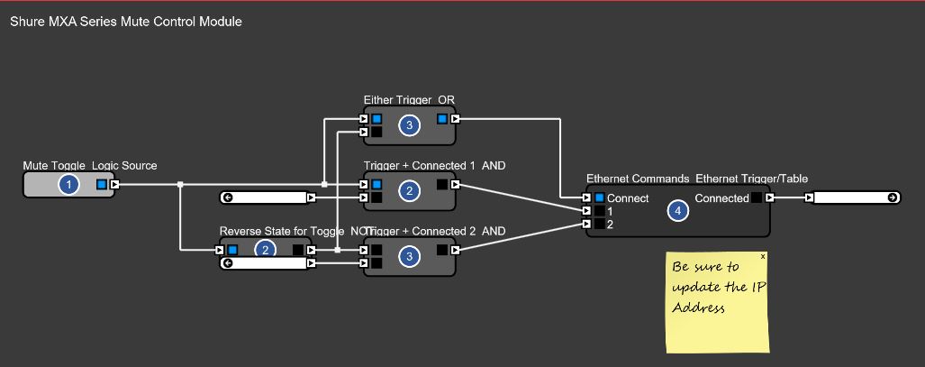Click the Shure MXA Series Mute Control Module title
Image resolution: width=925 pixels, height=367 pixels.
point(125,21)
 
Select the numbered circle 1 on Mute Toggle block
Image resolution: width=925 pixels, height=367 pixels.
point(68,185)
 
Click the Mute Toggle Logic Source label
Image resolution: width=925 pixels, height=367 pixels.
point(90,165)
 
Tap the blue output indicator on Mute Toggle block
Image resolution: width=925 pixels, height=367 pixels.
point(102,185)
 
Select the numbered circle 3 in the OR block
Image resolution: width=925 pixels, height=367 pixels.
point(409,125)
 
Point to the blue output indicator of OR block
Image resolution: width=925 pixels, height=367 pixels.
point(442,118)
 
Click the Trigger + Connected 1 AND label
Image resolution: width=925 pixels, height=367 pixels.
point(434,166)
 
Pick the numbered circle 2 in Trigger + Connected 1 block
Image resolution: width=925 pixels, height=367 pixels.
point(409,191)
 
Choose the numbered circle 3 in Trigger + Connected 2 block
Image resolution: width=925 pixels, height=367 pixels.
point(409,257)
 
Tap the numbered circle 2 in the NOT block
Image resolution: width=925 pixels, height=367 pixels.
point(266,250)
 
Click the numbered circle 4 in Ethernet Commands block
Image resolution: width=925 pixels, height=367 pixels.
point(677,211)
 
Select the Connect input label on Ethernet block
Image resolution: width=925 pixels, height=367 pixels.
point(627,198)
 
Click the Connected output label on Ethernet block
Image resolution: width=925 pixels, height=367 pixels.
point(721,198)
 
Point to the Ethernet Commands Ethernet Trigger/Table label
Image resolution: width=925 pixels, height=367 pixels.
point(696,179)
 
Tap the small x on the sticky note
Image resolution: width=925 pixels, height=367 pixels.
point(764,256)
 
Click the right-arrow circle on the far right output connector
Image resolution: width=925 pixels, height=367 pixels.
point(892,197)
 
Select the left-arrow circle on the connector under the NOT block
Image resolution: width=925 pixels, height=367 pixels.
point(228,263)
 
